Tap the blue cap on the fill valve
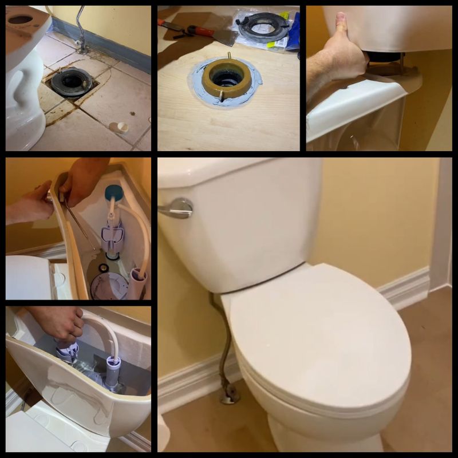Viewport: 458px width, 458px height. point(114,193)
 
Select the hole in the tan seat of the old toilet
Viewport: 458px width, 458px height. point(20,19)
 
